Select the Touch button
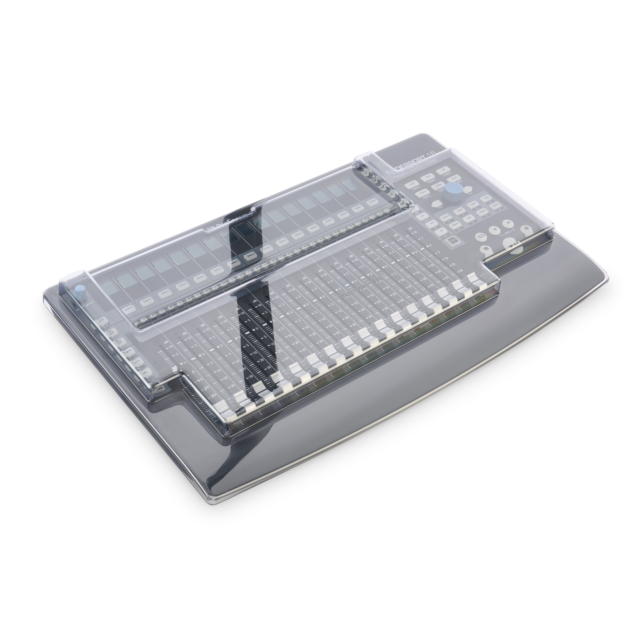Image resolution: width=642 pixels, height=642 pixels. pos(423,192)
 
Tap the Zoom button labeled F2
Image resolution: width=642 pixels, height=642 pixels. pos(460,210)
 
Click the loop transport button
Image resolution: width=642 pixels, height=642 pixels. pos(481,236)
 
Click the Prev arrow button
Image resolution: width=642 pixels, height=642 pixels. pos(437,204)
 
